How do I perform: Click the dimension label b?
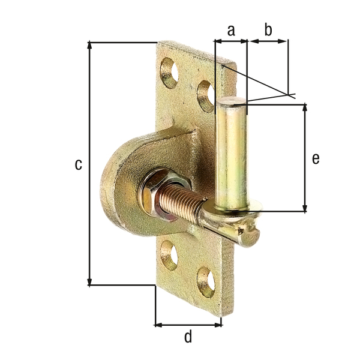[x=268, y=30]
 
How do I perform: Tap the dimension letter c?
[x=78, y=164]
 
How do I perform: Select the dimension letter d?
[x=188, y=337]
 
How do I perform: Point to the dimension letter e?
[x=316, y=158]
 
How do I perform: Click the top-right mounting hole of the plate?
[x=206, y=95]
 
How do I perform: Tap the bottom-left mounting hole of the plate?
[x=170, y=255]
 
